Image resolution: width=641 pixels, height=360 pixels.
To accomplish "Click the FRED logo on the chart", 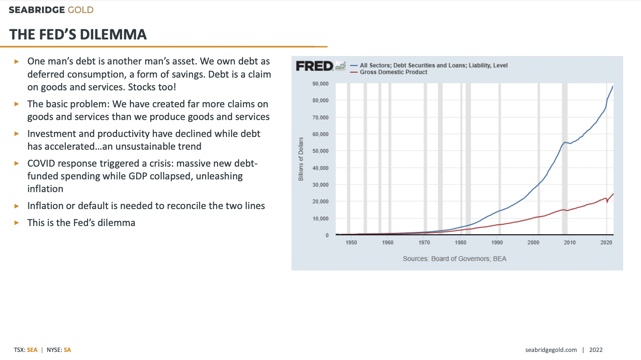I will [315, 66].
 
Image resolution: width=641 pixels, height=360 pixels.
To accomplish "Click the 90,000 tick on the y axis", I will [320, 84].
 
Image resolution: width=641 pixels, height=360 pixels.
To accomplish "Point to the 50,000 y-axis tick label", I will [320, 151].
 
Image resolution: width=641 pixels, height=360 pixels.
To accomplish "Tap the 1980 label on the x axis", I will [460, 243].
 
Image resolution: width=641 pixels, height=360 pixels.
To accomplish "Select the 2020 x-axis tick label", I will [606, 243].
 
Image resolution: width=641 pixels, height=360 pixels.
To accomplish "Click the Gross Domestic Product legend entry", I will [393, 72].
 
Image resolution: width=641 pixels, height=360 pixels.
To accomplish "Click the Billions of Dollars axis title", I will [301, 159].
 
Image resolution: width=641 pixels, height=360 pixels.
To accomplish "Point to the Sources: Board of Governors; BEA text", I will [454, 259].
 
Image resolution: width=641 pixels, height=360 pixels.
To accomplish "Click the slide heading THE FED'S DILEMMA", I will [78, 34].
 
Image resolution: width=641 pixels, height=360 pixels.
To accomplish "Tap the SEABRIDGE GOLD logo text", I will [51, 10].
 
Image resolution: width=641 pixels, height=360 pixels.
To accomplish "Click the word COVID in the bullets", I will [41, 163].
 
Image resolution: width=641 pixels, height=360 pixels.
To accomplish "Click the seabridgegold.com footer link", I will [551, 350].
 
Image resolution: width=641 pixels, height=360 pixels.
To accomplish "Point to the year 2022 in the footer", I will [596, 350].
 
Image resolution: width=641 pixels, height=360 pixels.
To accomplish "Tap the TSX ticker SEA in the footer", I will [32, 350].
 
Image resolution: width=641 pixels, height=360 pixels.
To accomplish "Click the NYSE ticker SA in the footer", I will [67, 350].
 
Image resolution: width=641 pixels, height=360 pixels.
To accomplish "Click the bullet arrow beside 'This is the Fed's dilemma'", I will [17, 223].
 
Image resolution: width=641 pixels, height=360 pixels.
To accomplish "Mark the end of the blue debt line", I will [612, 87].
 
